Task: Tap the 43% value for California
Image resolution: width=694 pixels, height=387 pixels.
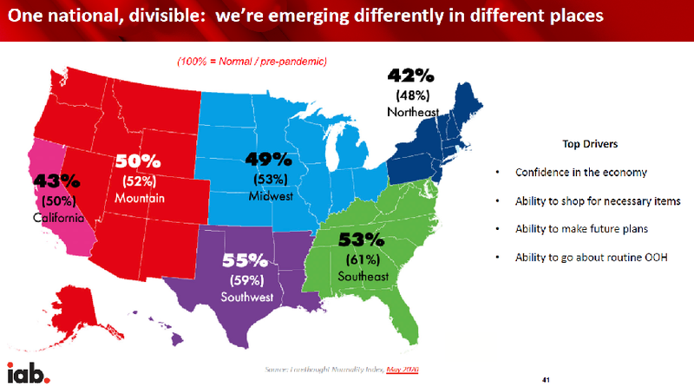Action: click(x=57, y=182)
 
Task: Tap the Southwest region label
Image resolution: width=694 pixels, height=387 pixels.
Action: click(x=247, y=298)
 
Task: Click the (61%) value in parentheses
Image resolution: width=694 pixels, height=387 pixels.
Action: click(x=362, y=259)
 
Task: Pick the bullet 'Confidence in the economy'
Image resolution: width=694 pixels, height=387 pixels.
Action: click(x=580, y=172)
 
